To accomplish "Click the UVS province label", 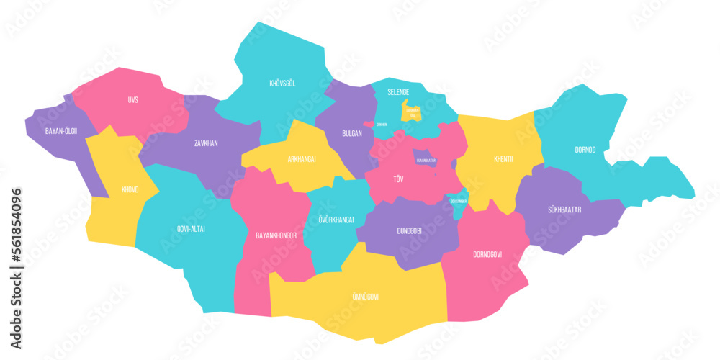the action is coord(132,100).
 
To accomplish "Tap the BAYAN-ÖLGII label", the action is coord(60,131).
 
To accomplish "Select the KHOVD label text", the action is coord(130,190).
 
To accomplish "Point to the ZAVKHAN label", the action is coord(206,143).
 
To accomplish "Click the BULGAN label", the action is coord(352,133).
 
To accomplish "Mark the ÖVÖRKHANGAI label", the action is coord(336,220).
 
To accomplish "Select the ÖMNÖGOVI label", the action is coord(365,297).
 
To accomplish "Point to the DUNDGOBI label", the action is coord(410,231).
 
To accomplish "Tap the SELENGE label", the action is coord(398,92).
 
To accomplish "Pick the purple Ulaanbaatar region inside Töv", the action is coord(424,160).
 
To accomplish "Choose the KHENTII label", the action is coord(503,159).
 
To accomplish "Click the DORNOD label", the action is coord(585,150).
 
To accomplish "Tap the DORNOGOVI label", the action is coord(487,254).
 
